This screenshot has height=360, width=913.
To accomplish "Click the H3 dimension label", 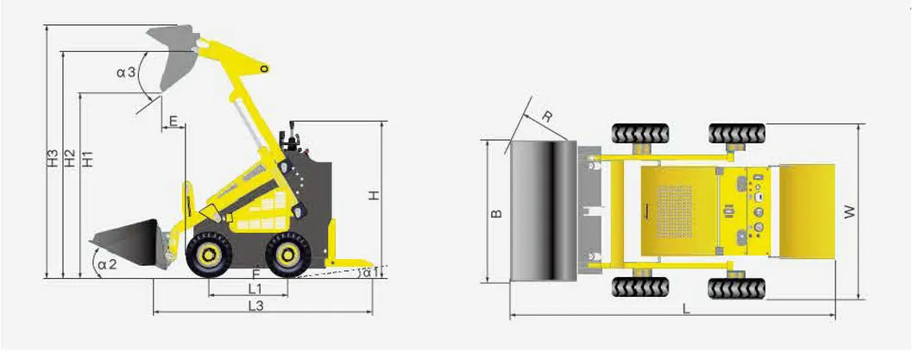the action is click(x=53, y=159).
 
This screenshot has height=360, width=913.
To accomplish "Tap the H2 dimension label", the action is click(x=70, y=159).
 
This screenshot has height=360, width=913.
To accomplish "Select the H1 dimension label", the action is click(x=87, y=159).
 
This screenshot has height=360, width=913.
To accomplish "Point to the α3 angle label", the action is click(x=126, y=73).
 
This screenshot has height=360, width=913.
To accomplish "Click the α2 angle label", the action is click(x=107, y=264).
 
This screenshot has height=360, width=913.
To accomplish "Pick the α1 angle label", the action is click(x=371, y=271).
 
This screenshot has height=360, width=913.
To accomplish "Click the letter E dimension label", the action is click(x=173, y=121).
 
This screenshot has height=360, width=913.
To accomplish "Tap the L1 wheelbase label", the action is click(x=255, y=287).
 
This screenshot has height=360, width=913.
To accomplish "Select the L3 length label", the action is click(x=256, y=306).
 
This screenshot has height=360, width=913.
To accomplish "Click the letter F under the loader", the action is click(x=256, y=273).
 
